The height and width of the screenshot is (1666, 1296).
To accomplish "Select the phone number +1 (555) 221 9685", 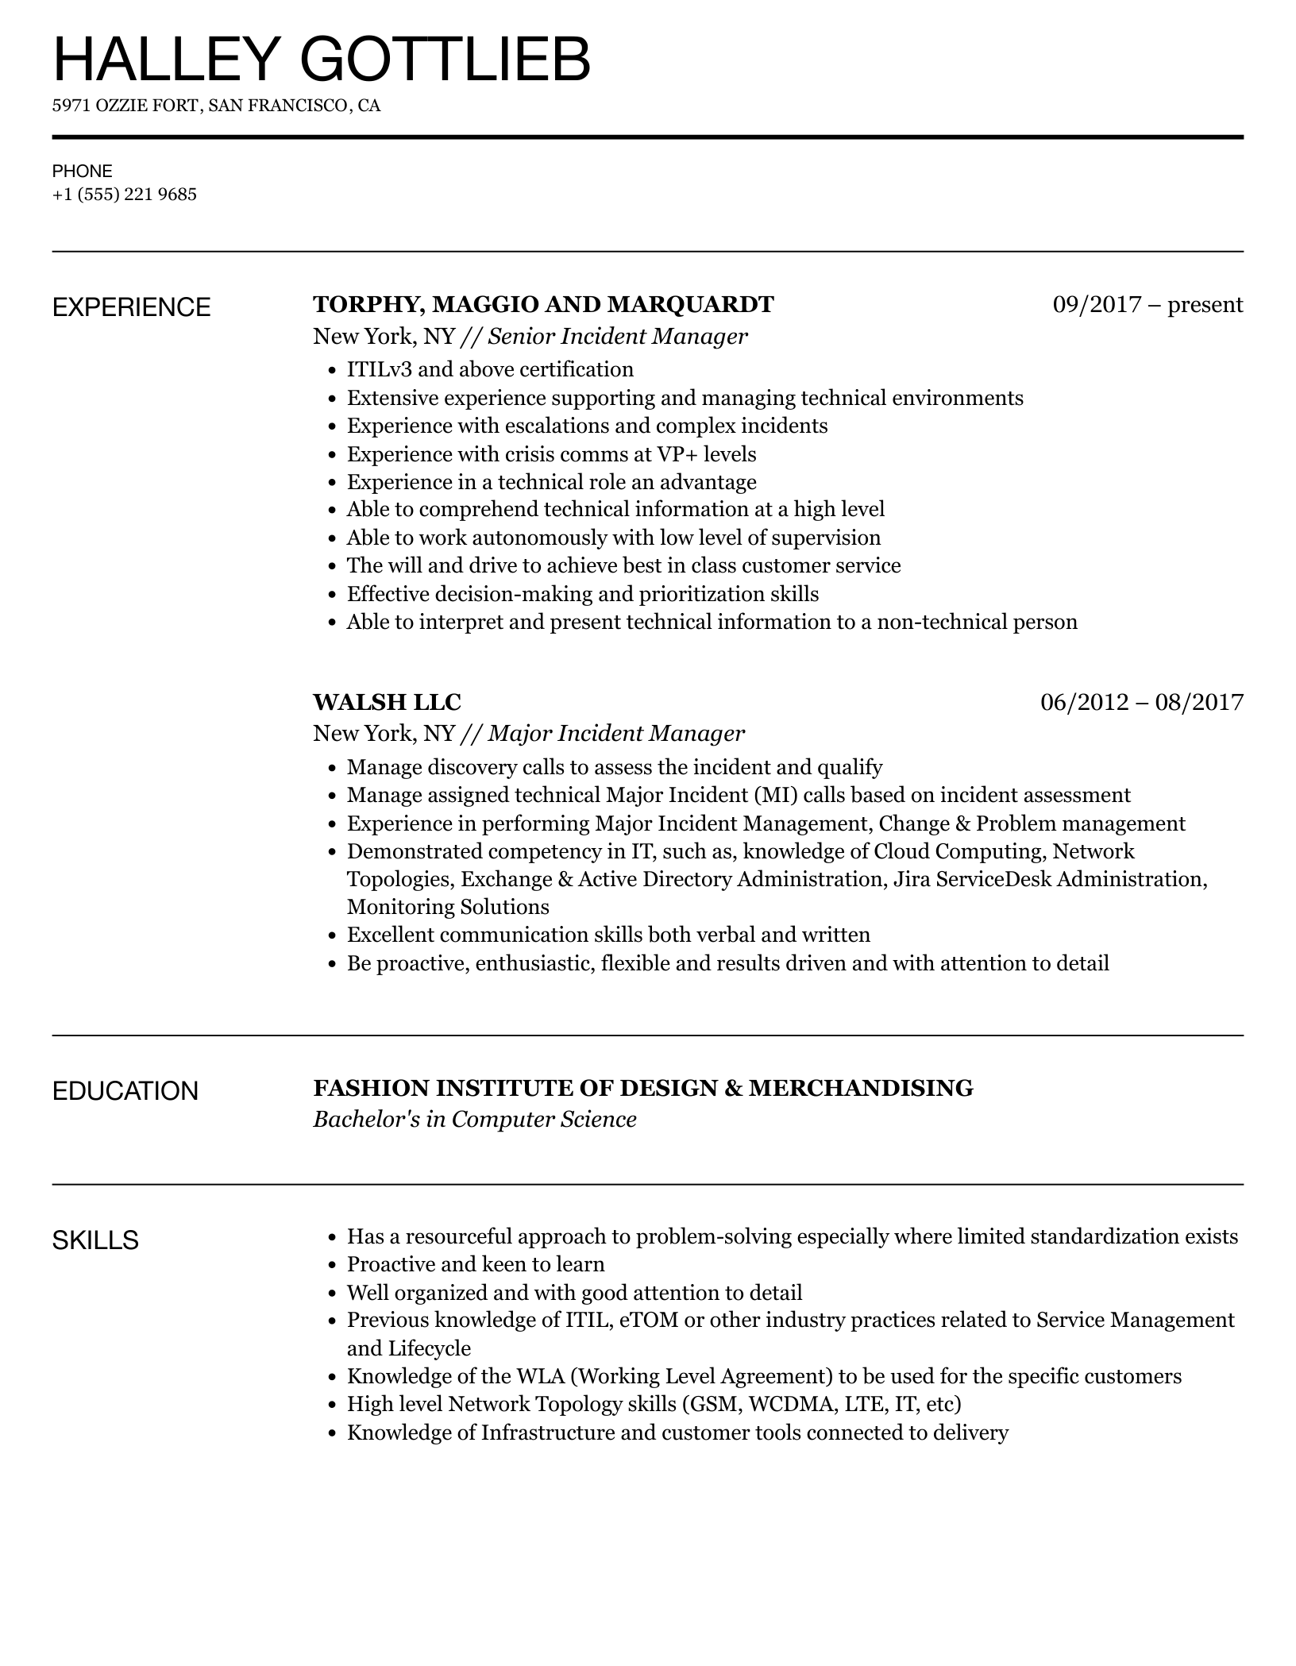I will (x=125, y=195).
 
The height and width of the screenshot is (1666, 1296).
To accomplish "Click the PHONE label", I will (x=83, y=171).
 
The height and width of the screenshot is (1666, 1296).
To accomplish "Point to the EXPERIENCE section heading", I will (x=132, y=307).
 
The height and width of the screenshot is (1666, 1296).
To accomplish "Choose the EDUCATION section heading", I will (x=125, y=1091).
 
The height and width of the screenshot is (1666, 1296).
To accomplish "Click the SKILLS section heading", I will (x=95, y=1240).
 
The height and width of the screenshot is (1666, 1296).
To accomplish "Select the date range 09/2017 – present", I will (x=1147, y=304).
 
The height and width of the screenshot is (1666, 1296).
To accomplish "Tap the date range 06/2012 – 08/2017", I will (x=1141, y=701).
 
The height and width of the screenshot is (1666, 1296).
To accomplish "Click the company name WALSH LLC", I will (x=387, y=702).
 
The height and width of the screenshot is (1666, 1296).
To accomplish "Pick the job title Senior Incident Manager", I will (x=617, y=337).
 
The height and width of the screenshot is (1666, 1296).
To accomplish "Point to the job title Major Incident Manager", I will (x=616, y=733).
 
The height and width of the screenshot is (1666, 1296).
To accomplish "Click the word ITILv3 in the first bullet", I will (x=382, y=370).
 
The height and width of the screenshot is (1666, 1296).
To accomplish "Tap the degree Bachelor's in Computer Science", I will (x=475, y=1120).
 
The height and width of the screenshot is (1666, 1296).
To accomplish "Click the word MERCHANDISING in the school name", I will (x=861, y=1088).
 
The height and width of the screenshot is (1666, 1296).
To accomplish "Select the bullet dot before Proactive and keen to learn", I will (x=333, y=1265).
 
